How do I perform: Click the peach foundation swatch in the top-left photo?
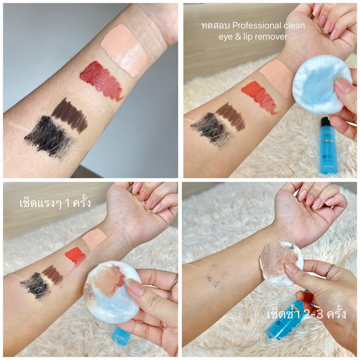125,50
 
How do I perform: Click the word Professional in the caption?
257,25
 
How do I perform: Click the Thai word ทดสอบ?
216,26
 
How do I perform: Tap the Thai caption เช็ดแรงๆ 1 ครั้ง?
55,203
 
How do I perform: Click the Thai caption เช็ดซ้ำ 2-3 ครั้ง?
307,314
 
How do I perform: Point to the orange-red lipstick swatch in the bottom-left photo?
75,256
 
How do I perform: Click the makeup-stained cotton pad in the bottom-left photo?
112,292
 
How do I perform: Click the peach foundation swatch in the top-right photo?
277,78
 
